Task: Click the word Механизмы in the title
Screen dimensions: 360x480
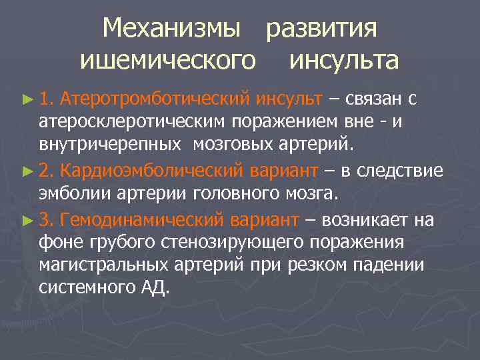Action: coord(172,29)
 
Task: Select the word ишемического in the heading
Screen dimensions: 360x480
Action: coord(168,61)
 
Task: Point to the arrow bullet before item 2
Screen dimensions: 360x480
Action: coord(27,171)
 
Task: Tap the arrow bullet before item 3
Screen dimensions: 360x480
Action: coord(27,219)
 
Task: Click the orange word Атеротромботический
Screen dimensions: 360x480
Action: coord(154,100)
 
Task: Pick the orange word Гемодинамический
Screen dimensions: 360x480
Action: coord(145,219)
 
